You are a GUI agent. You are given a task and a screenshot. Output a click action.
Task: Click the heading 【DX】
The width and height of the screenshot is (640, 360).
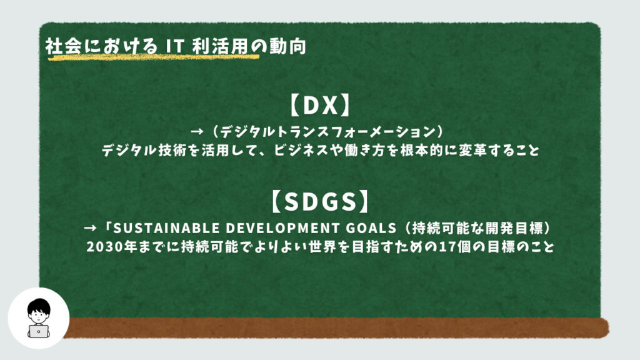pyautogui.click(x=321, y=105)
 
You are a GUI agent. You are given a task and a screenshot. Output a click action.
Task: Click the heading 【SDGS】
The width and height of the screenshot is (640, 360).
pyautogui.click(x=320, y=202)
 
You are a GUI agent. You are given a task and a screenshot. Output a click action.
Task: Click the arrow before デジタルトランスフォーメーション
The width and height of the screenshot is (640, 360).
pyautogui.click(x=197, y=131)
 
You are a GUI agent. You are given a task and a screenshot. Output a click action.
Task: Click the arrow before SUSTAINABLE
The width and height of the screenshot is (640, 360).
pyautogui.click(x=90, y=227)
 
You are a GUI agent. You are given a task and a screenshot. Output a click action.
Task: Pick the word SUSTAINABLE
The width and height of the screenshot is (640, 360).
pyautogui.click(x=166, y=228)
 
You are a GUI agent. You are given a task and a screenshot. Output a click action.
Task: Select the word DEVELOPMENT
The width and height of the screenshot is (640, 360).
pyautogui.click(x=282, y=228)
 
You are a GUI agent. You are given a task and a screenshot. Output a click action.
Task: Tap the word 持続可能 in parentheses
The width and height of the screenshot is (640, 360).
pyautogui.click(x=439, y=227)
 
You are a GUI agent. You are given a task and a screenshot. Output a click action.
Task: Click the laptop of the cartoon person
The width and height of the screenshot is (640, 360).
pyautogui.click(x=38, y=331)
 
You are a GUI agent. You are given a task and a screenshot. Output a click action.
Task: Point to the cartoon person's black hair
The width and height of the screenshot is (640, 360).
pyautogui.click(x=39, y=306)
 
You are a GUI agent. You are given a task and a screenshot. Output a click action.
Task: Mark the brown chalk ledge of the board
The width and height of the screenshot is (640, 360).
pyautogui.click(x=335, y=328)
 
